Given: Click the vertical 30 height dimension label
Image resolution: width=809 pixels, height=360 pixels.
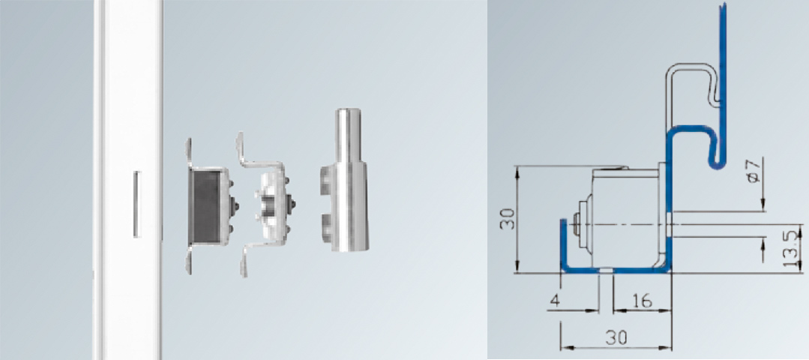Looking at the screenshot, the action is click(508, 219).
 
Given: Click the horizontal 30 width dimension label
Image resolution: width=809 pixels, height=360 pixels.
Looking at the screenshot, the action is click(616, 337).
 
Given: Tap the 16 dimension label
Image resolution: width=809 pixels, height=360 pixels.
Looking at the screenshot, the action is click(642, 301).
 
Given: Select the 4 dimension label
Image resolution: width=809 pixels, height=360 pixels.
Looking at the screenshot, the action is click(555, 301).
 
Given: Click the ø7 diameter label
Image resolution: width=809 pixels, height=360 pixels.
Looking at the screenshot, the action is click(753, 171).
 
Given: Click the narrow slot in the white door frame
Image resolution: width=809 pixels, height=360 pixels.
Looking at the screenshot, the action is click(136, 204).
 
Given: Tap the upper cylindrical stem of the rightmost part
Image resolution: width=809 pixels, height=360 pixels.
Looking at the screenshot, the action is click(349, 134).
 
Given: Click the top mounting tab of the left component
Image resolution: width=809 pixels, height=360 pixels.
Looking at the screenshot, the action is click(189, 153).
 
